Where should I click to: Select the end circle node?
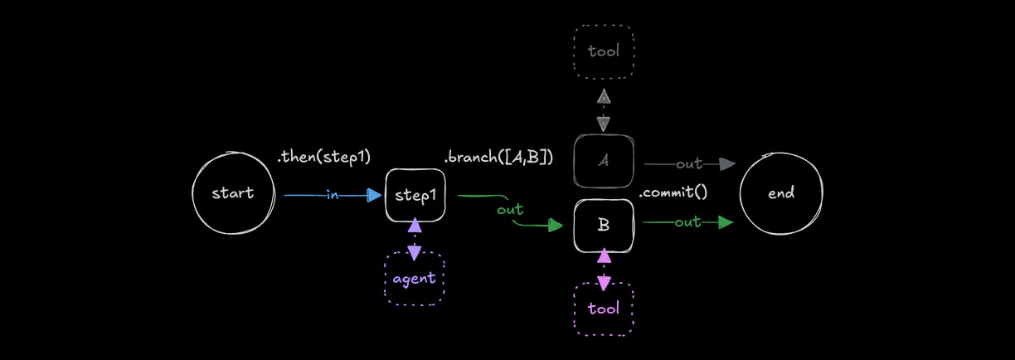(781, 193)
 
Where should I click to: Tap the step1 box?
(415, 195)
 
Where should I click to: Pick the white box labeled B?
(604, 225)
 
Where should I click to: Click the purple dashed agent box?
(415, 278)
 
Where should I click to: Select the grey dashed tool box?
(604, 51)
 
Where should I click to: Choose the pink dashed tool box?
(604, 309)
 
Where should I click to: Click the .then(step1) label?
(323, 156)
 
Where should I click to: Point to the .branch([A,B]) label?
(498, 156)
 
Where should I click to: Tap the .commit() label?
(673, 193)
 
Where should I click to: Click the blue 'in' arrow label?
(332, 196)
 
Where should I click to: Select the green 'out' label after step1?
(510, 210)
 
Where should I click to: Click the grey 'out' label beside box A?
(689, 164)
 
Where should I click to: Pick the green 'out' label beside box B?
(687, 222)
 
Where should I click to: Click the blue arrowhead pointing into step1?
(375, 196)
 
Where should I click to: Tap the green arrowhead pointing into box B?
(556, 225)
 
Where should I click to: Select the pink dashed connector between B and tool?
(604, 268)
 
